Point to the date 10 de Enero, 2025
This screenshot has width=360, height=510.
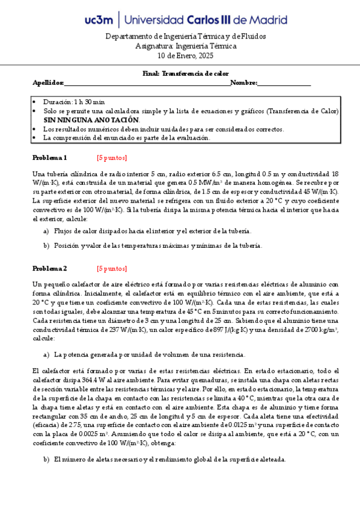(181, 55)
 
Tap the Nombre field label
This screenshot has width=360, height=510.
(243, 83)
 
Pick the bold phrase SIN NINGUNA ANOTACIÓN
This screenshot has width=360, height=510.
(91, 120)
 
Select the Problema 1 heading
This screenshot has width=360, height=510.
(49, 158)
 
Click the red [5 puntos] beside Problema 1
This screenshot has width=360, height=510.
(112, 158)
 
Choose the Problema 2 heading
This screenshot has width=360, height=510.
(49, 268)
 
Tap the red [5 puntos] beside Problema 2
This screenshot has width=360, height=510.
(112, 268)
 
